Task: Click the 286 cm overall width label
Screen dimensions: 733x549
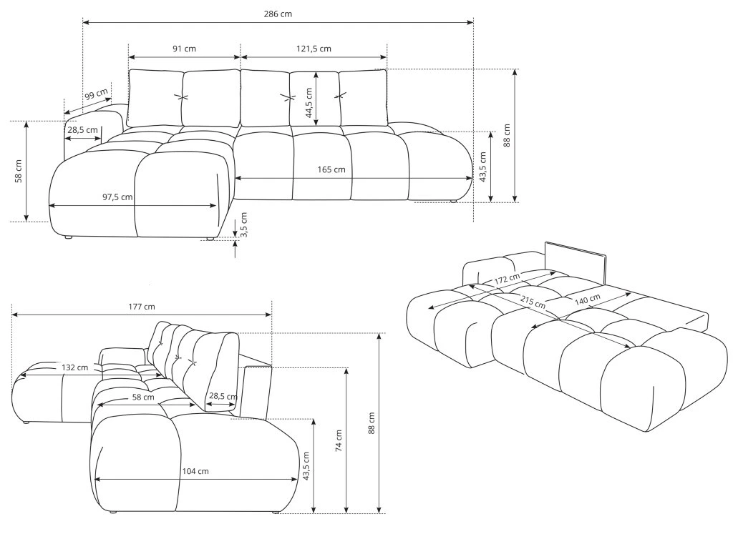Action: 278,14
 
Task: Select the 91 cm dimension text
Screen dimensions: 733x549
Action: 184,49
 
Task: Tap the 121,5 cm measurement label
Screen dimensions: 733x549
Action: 314,49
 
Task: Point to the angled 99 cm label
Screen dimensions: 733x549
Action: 97,94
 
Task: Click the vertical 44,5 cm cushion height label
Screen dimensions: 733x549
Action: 309,103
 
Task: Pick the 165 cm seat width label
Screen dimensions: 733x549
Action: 331,169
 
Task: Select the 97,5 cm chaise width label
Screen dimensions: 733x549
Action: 117,197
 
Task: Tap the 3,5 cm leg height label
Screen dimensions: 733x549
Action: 243,224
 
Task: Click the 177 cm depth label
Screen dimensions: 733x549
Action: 142,307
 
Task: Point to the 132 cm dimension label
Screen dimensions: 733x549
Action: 74,367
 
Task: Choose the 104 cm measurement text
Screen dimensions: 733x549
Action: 195,471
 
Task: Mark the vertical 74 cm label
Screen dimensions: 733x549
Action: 339,440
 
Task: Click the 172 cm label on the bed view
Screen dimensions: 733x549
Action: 508,279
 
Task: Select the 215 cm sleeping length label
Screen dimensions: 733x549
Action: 533,302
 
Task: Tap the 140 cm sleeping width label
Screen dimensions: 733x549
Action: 588,300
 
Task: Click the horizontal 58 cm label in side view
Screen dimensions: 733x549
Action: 143,397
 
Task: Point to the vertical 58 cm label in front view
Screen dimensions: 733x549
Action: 18,172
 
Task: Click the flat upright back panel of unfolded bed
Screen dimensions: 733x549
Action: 576,263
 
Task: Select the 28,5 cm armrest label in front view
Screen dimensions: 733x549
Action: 83,129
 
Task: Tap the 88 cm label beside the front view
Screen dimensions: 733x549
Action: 508,135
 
